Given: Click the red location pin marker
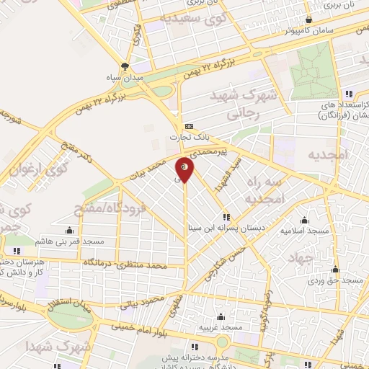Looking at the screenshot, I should click(x=185, y=168).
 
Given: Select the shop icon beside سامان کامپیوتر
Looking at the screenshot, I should click(x=309, y=20).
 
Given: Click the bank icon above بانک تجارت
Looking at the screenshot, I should click(x=189, y=126).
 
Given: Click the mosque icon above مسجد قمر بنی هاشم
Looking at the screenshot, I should click(x=69, y=231).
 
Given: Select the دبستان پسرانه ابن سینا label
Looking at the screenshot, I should click(x=226, y=227).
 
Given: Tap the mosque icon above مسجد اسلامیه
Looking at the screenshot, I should click(x=305, y=221).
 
